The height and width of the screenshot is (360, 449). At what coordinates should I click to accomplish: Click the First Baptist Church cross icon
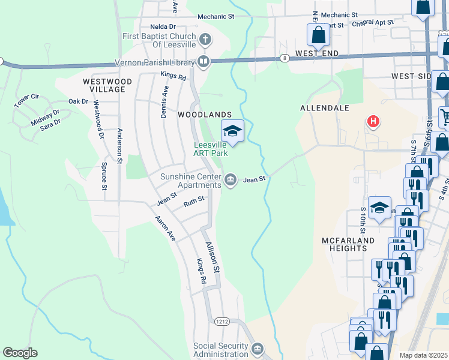click(x=205, y=40)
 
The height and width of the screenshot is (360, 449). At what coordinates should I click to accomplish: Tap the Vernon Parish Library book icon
click(x=203, y=61)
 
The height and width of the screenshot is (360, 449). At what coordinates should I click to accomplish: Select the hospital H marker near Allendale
click(x=373, y=122)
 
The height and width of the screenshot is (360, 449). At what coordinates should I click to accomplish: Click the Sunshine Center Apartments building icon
click(x=230, y=179)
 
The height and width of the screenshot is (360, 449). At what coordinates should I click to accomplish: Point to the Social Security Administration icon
click(x=258, y=349)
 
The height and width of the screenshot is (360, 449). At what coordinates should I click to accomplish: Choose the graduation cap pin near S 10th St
click(x=379, y=208)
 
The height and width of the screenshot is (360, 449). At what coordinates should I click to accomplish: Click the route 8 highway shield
click(x=283, y=58)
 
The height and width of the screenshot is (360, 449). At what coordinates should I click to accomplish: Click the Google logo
click(x=20, y=353)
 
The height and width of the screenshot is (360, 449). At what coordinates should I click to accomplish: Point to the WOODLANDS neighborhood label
click(x=204, y=114)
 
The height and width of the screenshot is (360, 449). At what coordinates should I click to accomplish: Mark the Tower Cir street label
click(x=26, y=100)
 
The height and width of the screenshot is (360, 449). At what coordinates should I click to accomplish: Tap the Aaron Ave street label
click(x=165, y=229)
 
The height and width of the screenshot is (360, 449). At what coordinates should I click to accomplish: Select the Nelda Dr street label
click(x=163, y=26)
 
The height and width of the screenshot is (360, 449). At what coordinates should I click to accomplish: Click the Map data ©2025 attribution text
click(x=423, y=355)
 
